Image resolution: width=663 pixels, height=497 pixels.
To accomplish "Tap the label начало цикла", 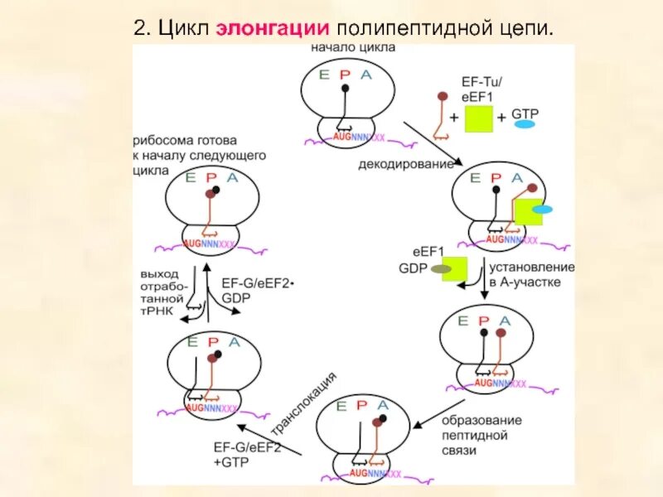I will click(x=353, y=48).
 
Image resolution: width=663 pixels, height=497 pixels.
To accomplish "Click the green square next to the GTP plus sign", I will click(x=478, y=120).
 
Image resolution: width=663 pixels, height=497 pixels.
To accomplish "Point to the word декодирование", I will click(x=406, y=164).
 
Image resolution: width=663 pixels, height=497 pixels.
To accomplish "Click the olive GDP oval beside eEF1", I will click(x=441, y=268).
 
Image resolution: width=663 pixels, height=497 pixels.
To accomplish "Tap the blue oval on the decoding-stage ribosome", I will click(x=542, y=210).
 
